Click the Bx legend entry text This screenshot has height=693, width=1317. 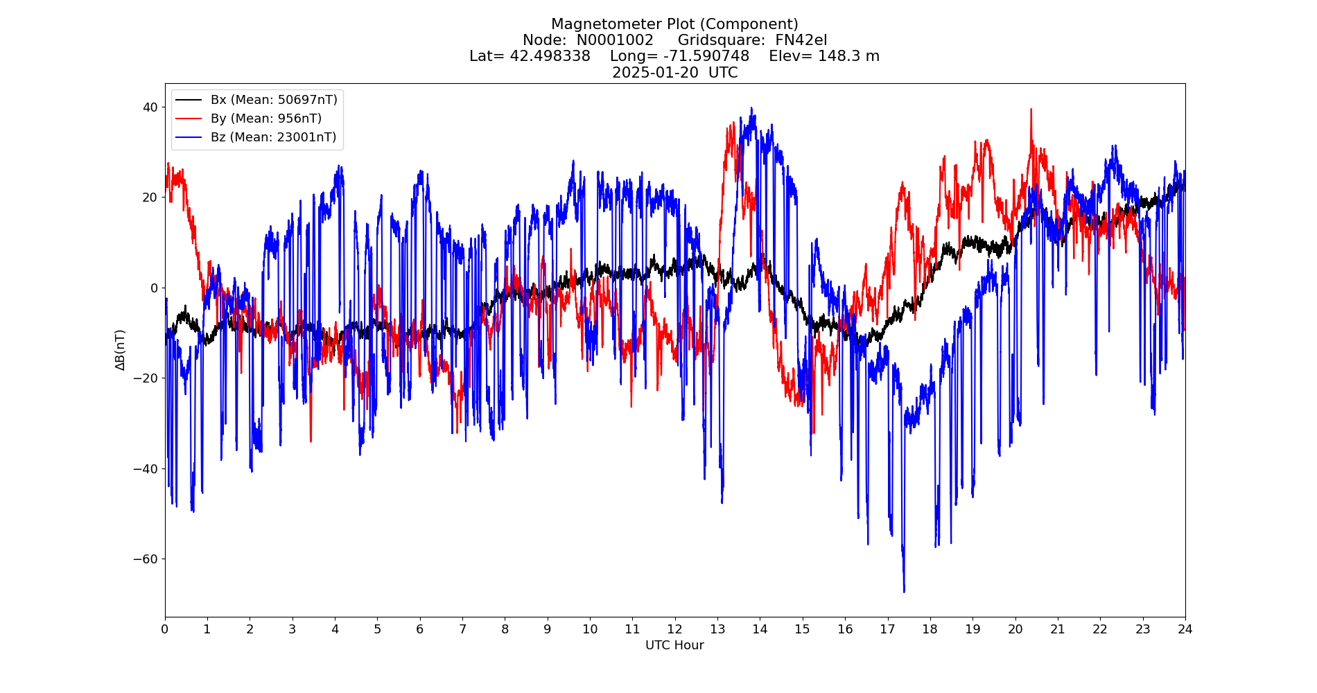pyautogui.click(x=274, y=100)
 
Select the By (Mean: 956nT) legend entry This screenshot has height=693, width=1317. pyautogui.click(x=266, y=119)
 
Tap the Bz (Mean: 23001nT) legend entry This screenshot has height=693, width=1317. pyautogui.click(x=273, y=137)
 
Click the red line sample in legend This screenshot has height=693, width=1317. pyautogui.click(x=189, y=119)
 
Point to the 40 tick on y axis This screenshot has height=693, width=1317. pyautogui.click(x=150, y=107)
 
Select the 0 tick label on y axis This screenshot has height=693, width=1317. pyautogui.click(x=154, y=288)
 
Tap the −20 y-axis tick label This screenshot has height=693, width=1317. pyautogui.click(x=146, y=378)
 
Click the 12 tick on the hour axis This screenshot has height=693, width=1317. pyautogui.click(x=674, y=629)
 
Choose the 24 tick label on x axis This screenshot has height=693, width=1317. pyautogui.click(x=1185, y=629)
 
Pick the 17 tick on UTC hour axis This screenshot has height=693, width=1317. pyautogui.click(x=887, y=629)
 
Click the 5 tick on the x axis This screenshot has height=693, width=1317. pyautogui.click(x=377, y=629)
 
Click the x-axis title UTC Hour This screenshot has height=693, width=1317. pyautogui.click(x=674, y=645)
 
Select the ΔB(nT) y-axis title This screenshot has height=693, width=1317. pyautogui.click(x=121, y=350)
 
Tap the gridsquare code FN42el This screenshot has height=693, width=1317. pyautogui.click(x=801, y=40)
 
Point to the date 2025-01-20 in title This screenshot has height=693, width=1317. pyautogui.click(x=655, y=73)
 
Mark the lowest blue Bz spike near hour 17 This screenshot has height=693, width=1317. pyautogui.click(x=904, y=590)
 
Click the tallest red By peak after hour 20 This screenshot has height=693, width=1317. pyautogui.click(x=1031, y=110)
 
